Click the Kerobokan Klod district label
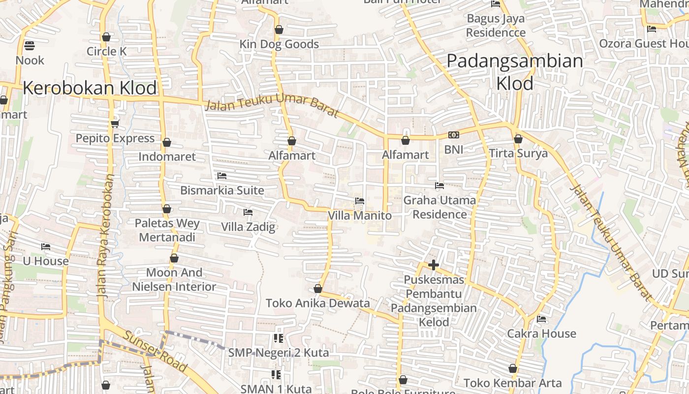[90, 88]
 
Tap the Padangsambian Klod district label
[515, 72]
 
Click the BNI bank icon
[453, 135]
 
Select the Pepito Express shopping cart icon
[115, 124]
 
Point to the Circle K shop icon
[106, 37]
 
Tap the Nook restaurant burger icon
[29, 46]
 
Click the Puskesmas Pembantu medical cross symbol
[433, 265]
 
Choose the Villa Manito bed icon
[360, 201]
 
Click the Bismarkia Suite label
[222, 190]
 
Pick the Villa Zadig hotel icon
[248, 212]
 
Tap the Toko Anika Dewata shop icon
[318, 289]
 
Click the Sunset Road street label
[155, 351]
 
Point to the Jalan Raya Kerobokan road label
[105, 234]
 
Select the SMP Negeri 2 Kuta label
[278, 353]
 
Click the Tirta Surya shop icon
[518, 139]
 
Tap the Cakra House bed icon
[541, 319]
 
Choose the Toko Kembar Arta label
[512, 383]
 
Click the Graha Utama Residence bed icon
[439, 186]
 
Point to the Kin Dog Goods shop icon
[279, 30]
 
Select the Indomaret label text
[167, 157]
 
